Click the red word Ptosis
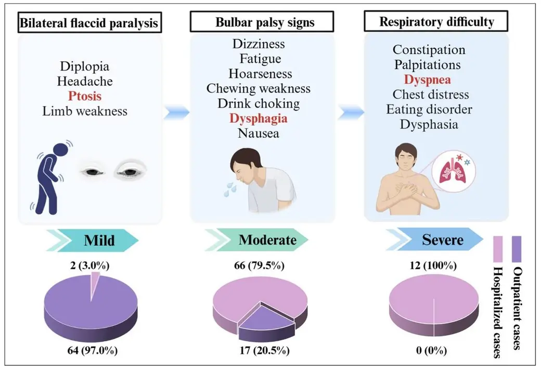pos(84,96)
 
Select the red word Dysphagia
pos(259,118)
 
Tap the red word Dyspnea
pos(427,80)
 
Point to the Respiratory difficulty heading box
pos(436,21)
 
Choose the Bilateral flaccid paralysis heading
pos(89,23)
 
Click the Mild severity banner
pos(93,240)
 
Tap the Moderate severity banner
pos(256,240)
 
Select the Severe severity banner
pos(435,239)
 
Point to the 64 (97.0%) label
pos(92,350)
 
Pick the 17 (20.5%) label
pos(264,350)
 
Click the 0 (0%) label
pos(431,350)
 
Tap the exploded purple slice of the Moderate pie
pos(266,322)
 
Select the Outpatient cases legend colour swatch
pos(517,249)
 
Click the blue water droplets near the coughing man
pos(230,189)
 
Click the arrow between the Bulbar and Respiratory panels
pos(351,112)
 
